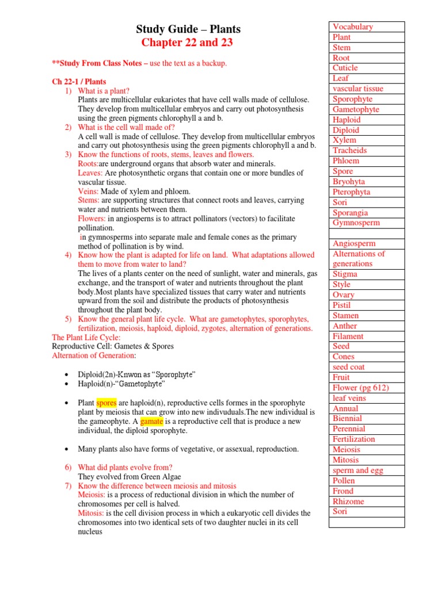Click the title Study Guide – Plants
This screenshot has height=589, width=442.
point(188,29)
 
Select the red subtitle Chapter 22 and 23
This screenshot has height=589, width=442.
point(188,43)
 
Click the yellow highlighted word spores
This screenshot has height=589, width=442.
point(106,403)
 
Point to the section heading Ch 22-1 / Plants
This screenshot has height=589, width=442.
point(79,82)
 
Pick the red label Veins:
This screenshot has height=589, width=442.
point(89,191)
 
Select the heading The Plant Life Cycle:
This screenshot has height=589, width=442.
point(86,338)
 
